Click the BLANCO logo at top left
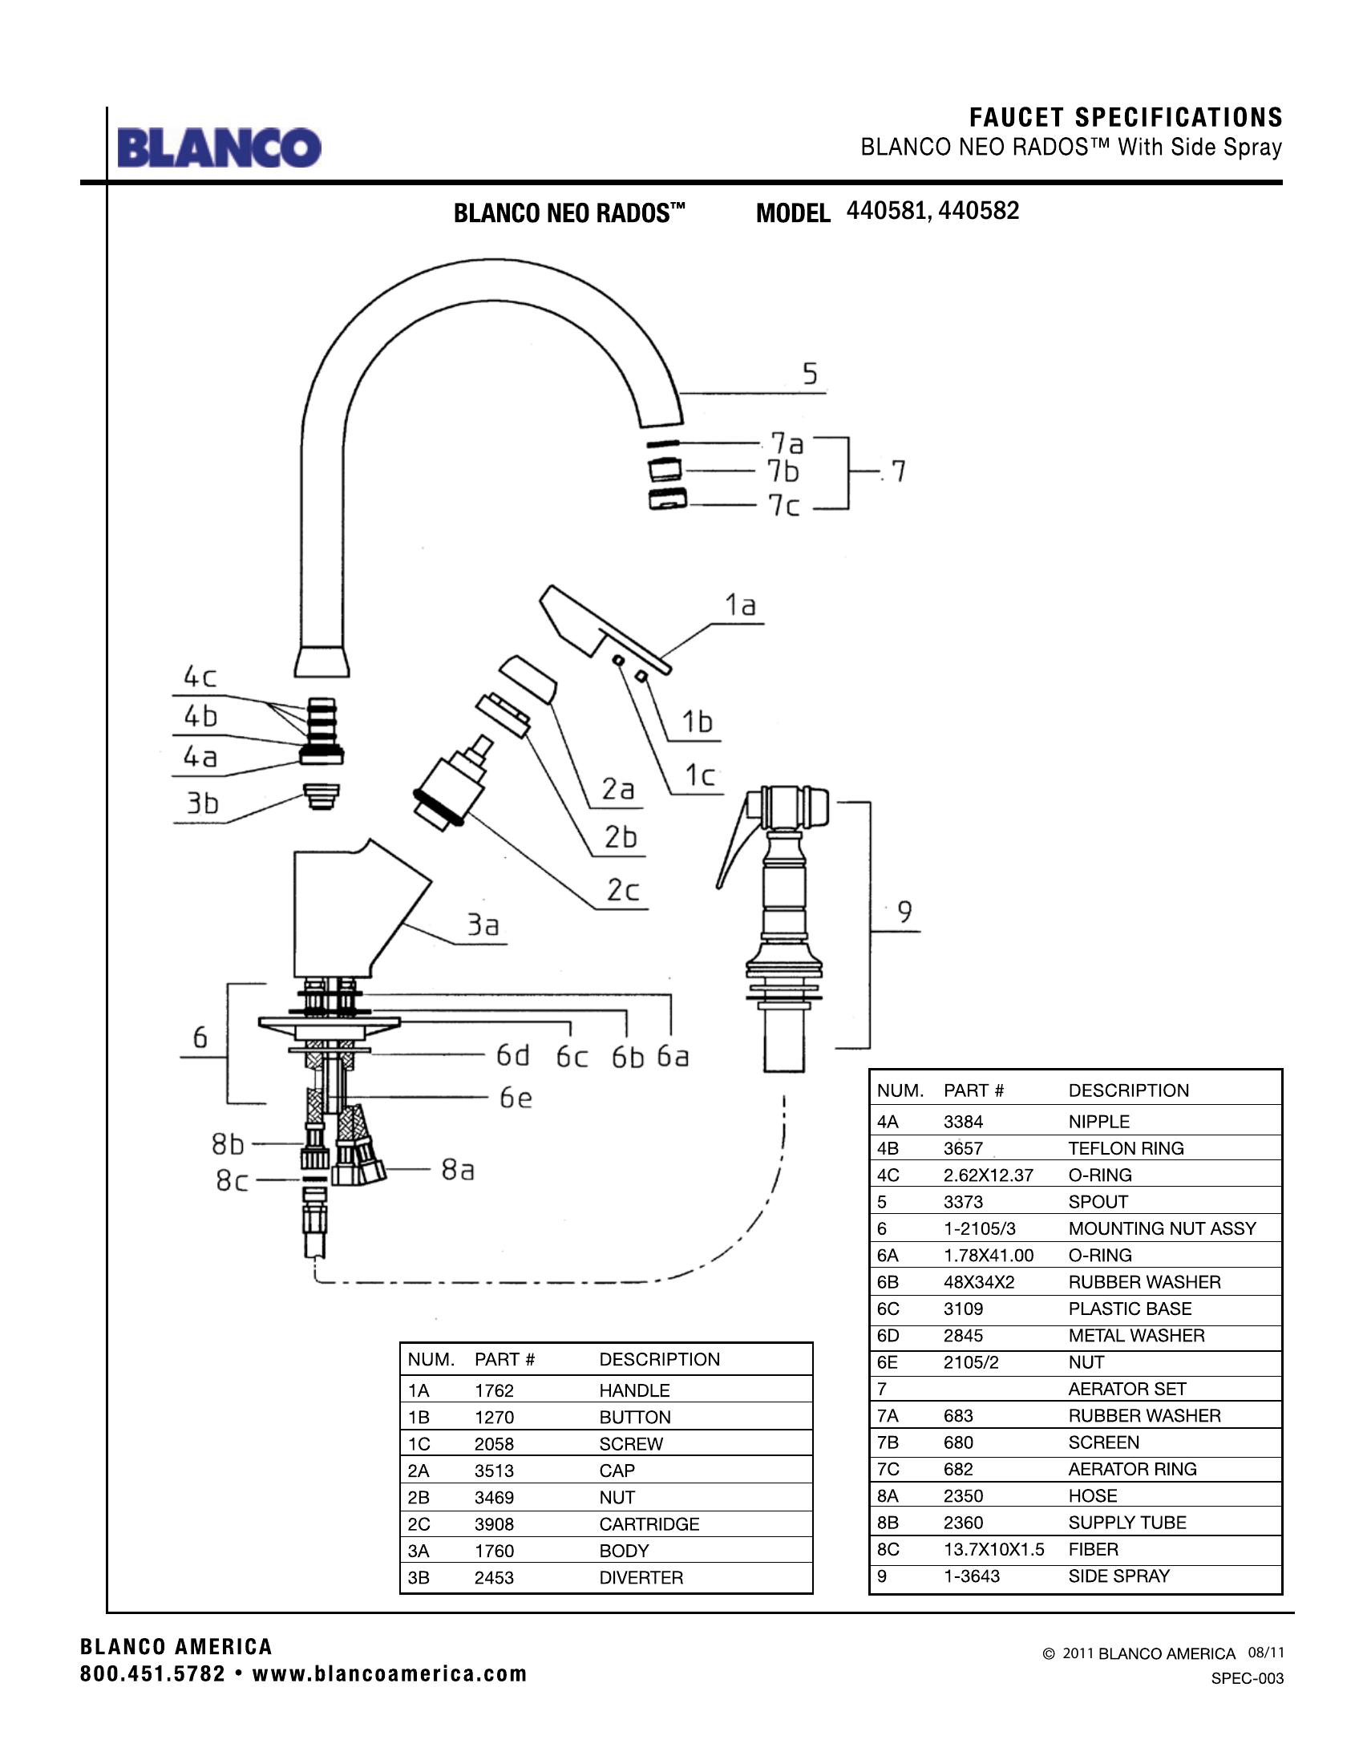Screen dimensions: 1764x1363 pos(219,148)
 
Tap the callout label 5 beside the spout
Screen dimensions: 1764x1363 pos(810,374)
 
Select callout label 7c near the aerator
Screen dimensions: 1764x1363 pos(783,506)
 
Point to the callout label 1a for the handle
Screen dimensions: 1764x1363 pos(740,605)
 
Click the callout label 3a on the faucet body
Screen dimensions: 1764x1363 pos(483,924)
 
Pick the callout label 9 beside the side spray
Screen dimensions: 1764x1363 pos(904,912)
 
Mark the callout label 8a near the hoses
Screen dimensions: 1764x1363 pos(457,1169)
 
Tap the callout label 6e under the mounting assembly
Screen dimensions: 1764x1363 pos(516,1098)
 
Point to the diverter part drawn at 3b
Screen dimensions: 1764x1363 pos(321,795)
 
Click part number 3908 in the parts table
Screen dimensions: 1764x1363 pos(494,1524)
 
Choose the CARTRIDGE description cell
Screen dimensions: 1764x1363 pos(649,1524)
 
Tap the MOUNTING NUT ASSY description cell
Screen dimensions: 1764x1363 pos(1162,1228)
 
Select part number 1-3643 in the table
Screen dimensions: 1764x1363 pos(972,1576)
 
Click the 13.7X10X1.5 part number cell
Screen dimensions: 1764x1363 pos(993,1549)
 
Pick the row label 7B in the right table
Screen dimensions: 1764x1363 pos(888,1442)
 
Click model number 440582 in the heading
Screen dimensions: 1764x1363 pos(979,211)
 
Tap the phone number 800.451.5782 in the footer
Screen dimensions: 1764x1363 pos(152,1674)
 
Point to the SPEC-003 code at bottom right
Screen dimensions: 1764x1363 pos(1247,1678)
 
